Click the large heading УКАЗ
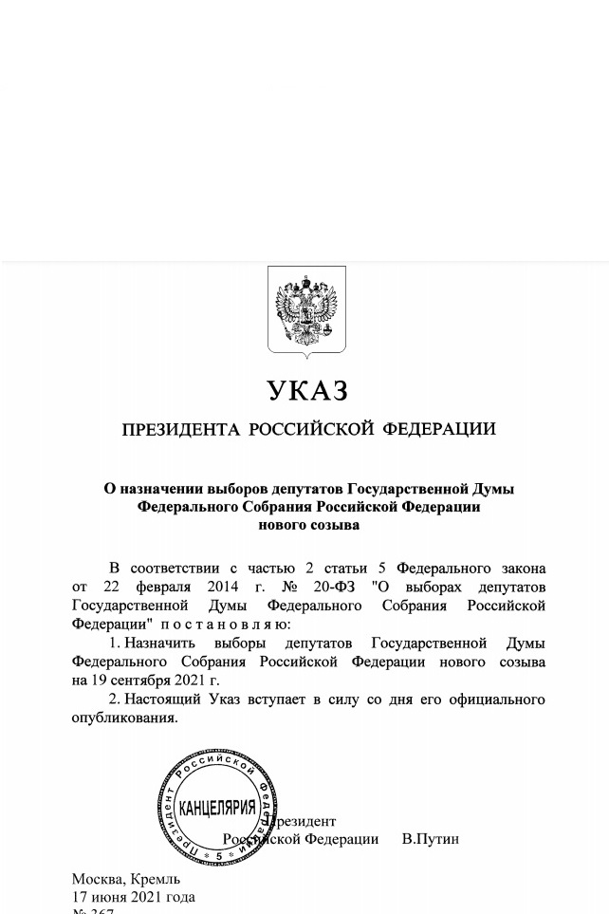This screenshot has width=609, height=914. tap(307, 390)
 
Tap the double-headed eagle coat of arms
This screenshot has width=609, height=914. tap(306, 309)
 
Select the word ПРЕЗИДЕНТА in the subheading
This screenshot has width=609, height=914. tap(180, 430)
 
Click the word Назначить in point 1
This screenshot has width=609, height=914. tap(157, 644)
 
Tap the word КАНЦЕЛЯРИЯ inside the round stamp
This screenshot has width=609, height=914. tap(217, 808)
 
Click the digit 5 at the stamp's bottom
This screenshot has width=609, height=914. tap(218, 856)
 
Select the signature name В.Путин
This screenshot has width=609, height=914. tap(431, 839)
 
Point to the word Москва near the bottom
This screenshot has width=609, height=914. tap(98, 879)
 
